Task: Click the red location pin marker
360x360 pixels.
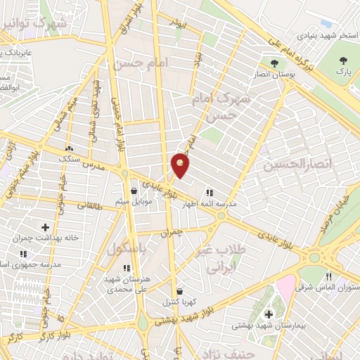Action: click(x=181, y=165)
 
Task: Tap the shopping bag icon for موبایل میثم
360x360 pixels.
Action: click(x=134, y=191)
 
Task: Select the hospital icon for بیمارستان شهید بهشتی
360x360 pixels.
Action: click(x=267, y=314)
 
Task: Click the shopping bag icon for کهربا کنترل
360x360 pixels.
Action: click(x=180, y=291)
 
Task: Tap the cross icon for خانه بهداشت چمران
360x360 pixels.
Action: click(x=46, y=228)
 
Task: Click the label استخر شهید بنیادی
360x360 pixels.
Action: click(x=322, y=34)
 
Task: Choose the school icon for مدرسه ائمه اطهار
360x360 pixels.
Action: click(x=210, y=192)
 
